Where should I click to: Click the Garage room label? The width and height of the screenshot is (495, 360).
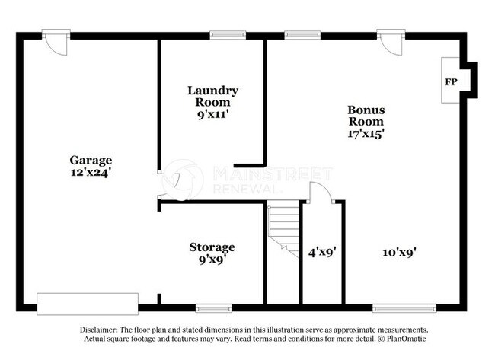91,160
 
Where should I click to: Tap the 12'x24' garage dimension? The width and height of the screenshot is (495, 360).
91,172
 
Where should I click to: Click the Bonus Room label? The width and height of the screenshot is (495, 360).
366,115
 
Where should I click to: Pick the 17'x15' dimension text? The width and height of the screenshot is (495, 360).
366,133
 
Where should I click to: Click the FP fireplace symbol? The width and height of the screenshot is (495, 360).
451,80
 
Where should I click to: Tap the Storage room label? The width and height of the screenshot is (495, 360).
212,247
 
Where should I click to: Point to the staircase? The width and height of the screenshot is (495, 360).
283,228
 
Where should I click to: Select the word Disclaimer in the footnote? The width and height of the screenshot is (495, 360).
101,329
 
